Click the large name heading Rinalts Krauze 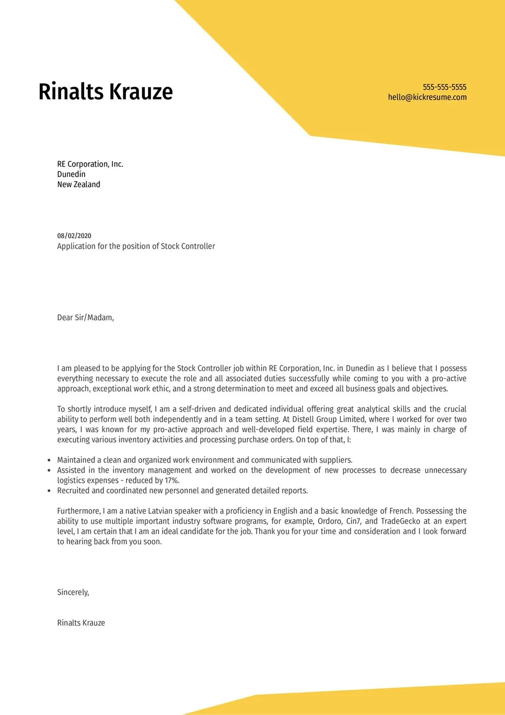click(x=106, y=92)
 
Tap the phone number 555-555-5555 click(x=444, y=87)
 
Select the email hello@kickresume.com click(x=427, y=97)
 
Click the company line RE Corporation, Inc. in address click(x=90, y=164)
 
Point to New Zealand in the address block click(x=79, y=184)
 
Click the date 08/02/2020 click(x=74, y=236)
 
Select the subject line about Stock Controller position click(x=136, y=246)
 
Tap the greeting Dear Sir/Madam click(x=86, y=318)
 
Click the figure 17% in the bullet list click(x=172, y=481)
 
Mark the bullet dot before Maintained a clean click(x=49, y=460)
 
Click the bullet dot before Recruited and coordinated click(x=49, y=491)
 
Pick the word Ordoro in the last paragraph click(x=330, y=521)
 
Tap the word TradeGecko click(x=400, y=521)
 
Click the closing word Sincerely click(x=73, y=592)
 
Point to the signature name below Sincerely click(x=81, y=623)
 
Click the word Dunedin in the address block click(x=71, y=174)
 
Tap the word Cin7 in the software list click(x=353, y=521)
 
